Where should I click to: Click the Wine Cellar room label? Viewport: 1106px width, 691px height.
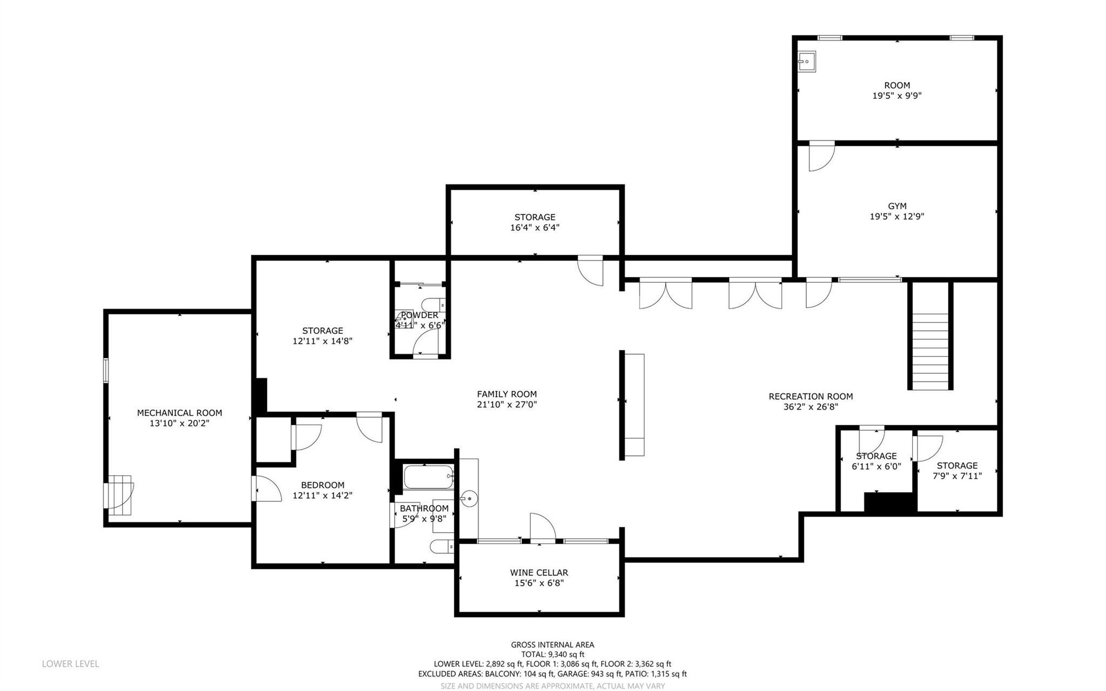(539, 573)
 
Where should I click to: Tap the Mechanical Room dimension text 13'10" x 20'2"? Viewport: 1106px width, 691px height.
(179, 424)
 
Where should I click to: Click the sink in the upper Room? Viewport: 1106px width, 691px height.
(807, 62)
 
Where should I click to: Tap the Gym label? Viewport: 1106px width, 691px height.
(897, 206)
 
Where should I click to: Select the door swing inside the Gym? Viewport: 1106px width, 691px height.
(821, 156)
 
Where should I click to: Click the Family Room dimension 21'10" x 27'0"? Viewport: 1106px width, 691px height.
(507, 405)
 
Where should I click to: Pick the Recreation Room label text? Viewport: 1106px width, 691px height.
(811, 397)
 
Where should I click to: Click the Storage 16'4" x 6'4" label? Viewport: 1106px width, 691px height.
(535, 217)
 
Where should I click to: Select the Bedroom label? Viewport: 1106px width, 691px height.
(322, 485)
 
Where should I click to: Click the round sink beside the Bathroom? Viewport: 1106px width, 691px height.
(468, 497)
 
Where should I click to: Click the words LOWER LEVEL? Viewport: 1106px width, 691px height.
(70, 664)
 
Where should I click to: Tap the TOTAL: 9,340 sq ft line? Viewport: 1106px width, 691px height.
(552, 654)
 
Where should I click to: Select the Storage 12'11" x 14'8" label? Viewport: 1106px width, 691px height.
(322, 331)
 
